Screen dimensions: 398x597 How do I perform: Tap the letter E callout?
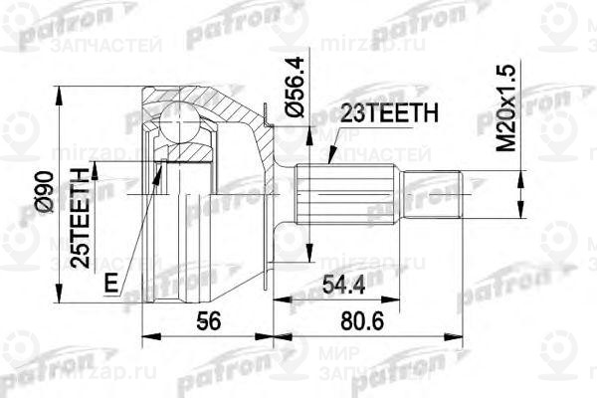click(x=111, y=283)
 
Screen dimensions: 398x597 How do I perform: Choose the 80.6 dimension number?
click(x=385, y=323)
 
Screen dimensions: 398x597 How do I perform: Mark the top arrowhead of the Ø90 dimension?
click(x=63, y=93)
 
